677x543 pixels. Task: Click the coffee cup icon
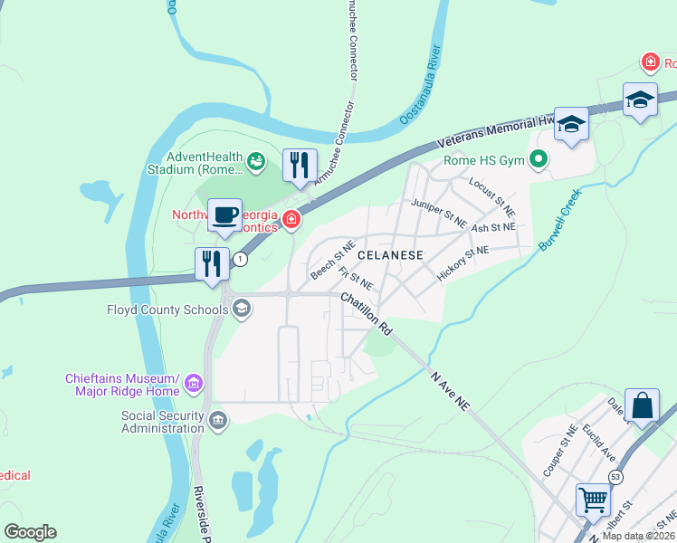pos(224,216)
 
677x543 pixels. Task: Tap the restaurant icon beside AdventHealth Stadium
pos(300,166)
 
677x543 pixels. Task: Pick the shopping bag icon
pos(642,405)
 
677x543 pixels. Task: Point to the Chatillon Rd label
pos(366,312)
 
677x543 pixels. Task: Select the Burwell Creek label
pos(558,221)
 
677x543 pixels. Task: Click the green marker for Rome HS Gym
pos(539,162)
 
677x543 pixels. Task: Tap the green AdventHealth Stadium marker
pos(257,161)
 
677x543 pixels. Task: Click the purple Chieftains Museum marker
pos(193,386)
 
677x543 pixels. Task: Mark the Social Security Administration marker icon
pos(218,420)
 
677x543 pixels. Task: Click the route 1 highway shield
pos(240,260)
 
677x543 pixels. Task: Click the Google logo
pos(30,532)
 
